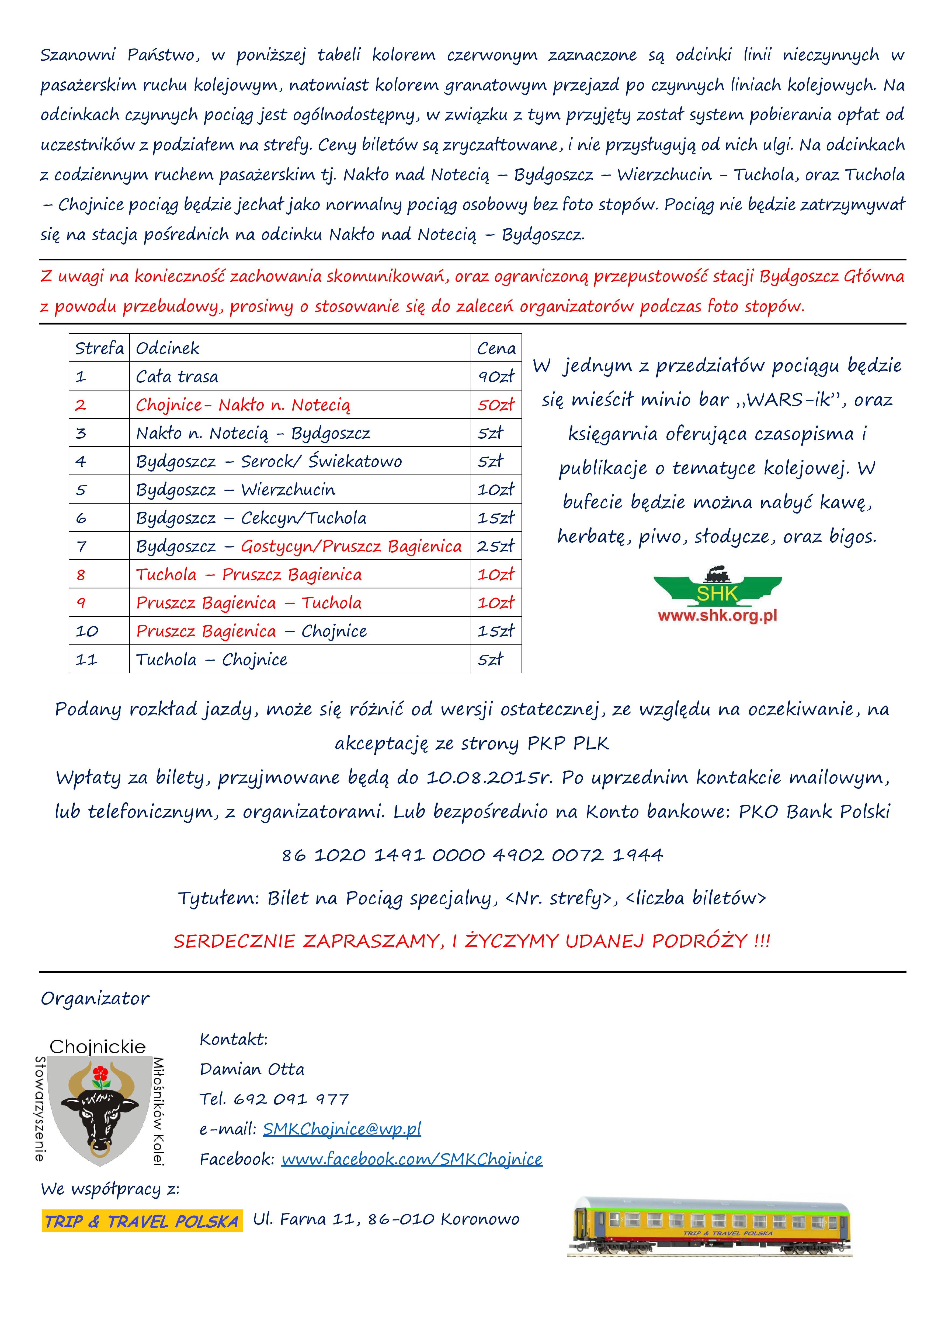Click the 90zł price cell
point(496,376)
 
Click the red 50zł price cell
point(496,405)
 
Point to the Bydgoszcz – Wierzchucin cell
point(236,490)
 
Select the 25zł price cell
point(496,546)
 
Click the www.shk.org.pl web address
point(717,616)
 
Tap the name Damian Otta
point(252,1069)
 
